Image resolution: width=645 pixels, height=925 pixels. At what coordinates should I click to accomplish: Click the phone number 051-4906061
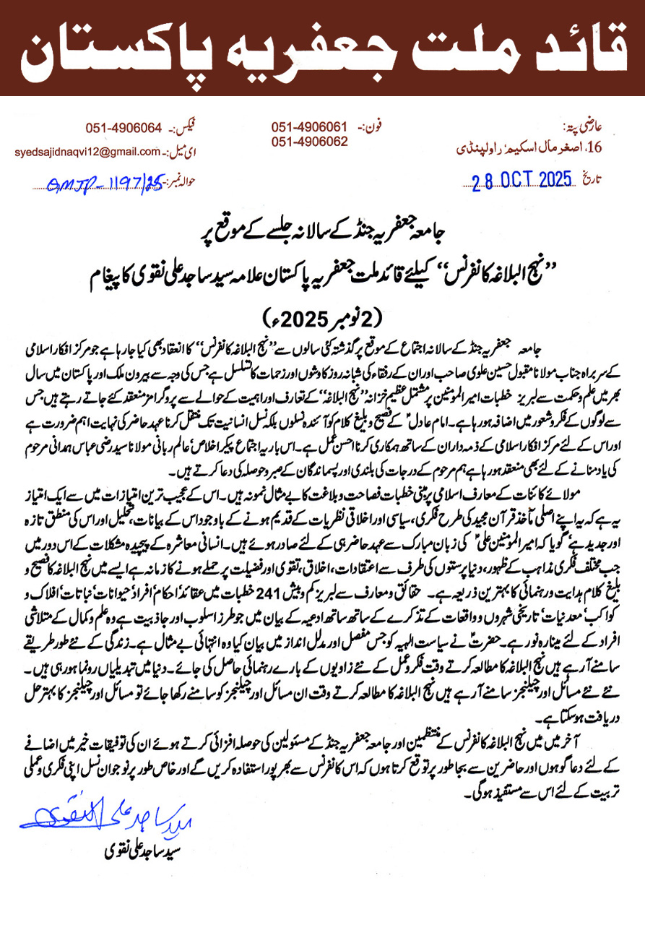[x=310, y=127]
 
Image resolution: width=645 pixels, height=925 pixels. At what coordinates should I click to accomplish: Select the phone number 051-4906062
[x=310, y=142]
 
